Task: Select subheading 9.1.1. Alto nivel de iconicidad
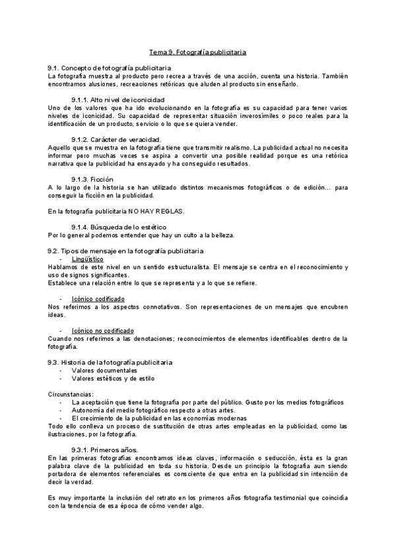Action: point(117,99)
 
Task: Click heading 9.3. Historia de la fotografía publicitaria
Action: point(110,363)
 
